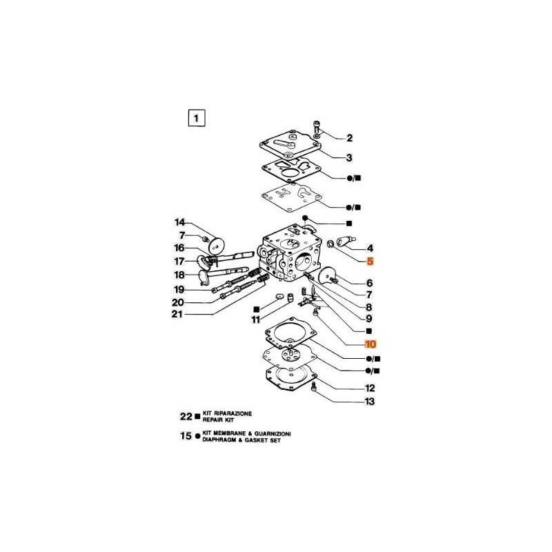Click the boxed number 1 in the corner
click(x=197, y=118)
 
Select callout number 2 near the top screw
click(x=349, y=138)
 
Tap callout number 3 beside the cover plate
click(x=349, y=158)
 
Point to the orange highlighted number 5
click(x=370, y=262)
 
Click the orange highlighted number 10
click(x=371, y=344)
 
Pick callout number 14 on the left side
click(x=180, y=222)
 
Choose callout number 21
click(x=177, y=314)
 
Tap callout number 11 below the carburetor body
click(x=255, y=319)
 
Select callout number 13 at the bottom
click(x=370, y=402)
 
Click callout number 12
click(x=370, y=388)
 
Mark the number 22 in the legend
click(x=186, y=417)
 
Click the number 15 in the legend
click(x=186, y=436)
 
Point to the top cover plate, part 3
click(x=290, y=145)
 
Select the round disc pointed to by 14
click(x=216, y=245)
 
